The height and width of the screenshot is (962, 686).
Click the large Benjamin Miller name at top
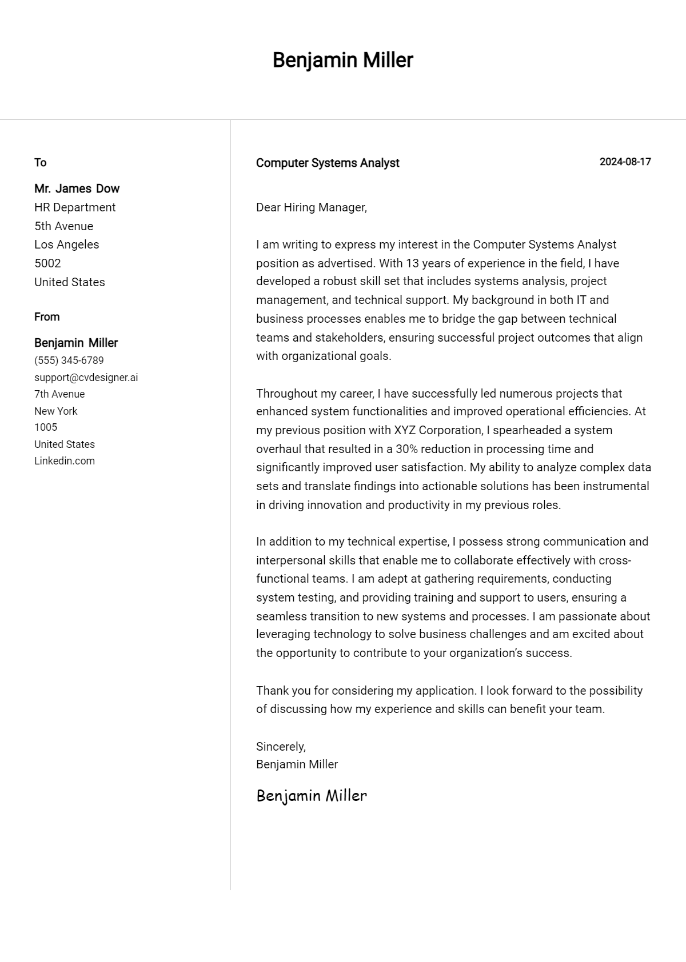[x=342, y=60]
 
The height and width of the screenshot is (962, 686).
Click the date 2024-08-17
[x=625, y=162]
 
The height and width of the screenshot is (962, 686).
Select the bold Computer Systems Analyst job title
[x=328, y=163]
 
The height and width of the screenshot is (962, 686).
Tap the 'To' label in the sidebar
[x=40, y=162]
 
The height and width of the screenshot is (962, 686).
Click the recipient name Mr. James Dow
[x=77, y=189]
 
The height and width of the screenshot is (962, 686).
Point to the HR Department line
[x=75, y=207]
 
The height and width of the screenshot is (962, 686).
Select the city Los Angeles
[x=66, y=244]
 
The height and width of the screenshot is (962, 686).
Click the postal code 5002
[x=47, y=263]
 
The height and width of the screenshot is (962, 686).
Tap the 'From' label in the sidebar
[x=47, y=316]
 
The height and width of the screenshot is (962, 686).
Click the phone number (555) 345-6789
[x=69, y=360]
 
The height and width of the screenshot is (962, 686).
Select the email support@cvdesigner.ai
[x=86, y=378]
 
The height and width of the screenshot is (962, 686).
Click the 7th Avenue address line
[x=59, y=394]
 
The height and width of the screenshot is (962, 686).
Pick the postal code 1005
[x=46, y=427]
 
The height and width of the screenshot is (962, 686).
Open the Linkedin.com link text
[x=65, y=461]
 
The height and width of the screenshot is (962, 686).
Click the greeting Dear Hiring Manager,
[x=311, y=207]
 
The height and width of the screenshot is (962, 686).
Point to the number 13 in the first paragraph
[x=412, y=263]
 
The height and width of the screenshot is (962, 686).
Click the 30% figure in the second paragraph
[x=407, y=449]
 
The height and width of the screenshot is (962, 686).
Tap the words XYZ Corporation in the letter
[x=438, y=430]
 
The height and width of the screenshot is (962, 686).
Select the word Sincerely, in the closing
[x=281, y=747]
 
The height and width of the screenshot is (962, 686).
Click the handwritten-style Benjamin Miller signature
[x=312, y=795]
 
